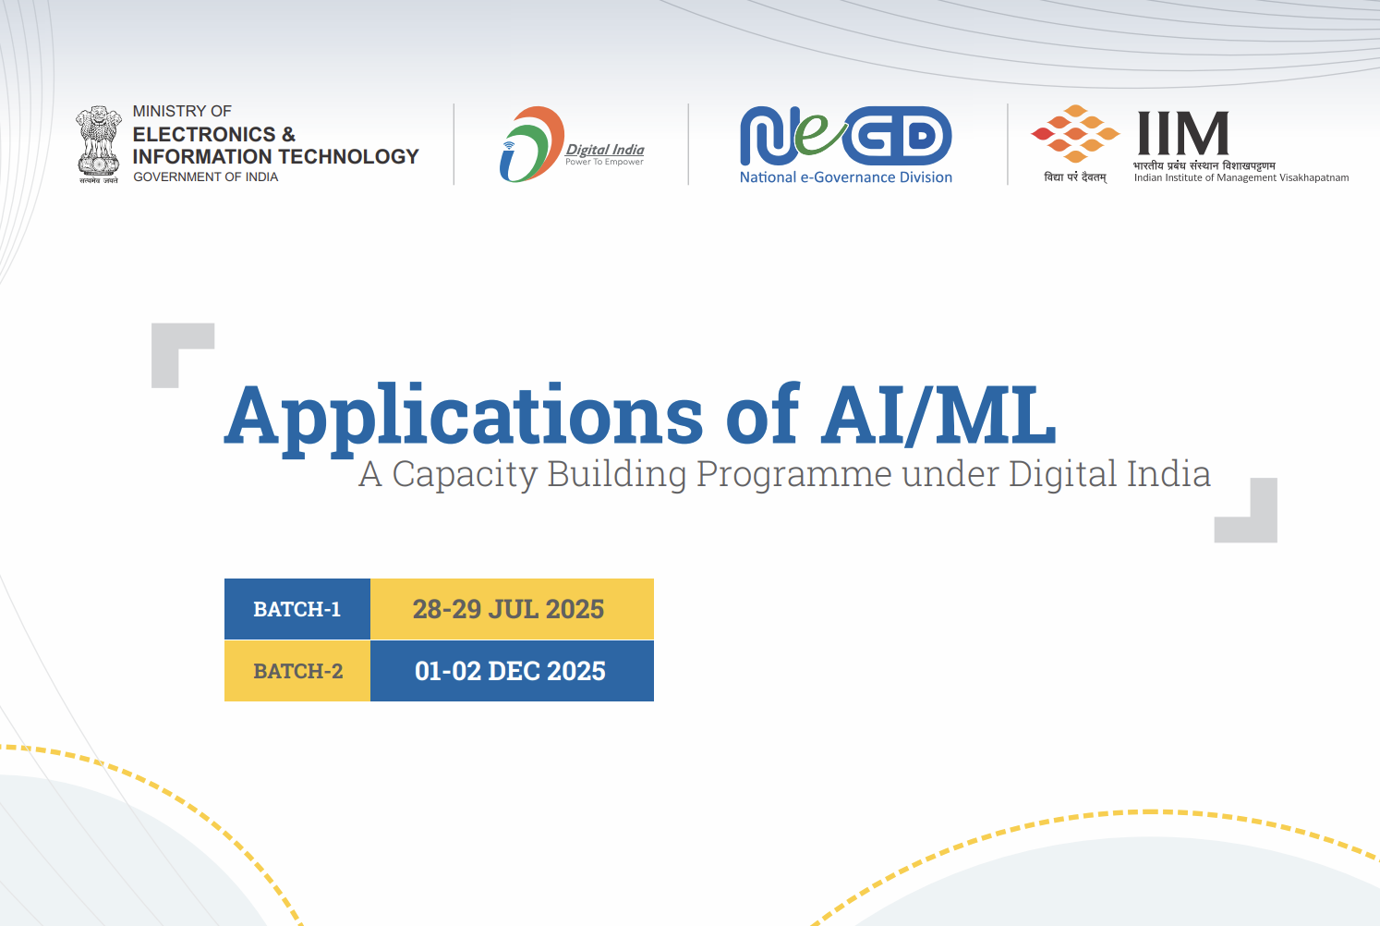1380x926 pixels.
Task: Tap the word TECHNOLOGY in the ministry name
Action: [356, 156]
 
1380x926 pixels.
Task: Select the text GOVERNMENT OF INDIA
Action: [206, 177]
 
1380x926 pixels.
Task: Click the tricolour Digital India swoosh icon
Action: [531, 144]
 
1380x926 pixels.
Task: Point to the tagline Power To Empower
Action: [604, 162]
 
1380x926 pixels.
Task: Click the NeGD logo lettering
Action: [845, 136]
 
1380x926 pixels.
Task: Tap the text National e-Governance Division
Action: [846, 177]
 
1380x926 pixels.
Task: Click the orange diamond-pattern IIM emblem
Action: [1075, 134]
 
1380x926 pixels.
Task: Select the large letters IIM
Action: [1183, 133]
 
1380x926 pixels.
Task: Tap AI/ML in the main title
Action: [938, 414]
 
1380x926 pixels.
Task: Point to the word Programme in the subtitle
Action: [794, 474]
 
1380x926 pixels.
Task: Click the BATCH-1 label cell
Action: [297, 609]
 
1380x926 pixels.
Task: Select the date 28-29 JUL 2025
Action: [508, 609]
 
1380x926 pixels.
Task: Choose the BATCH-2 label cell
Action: [297, 671]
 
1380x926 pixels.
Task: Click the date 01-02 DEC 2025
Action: [510, 671]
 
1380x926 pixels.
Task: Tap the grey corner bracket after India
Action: [1263, 529]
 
